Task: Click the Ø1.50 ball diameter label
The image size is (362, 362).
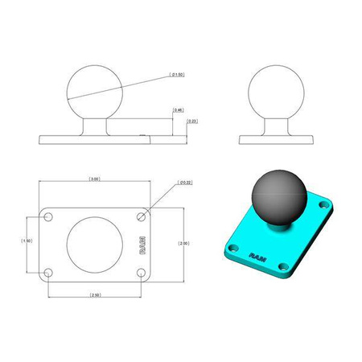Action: click(178, 75)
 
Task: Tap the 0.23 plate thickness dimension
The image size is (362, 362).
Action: click(191, 121)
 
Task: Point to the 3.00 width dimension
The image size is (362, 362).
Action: click(95, 179)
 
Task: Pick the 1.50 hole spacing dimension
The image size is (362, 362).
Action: click(27, 241)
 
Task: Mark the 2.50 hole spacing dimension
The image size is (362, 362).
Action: click(95, 295)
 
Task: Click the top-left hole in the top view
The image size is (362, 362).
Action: click(49, 217)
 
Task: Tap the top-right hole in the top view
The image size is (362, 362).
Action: click(142, 217)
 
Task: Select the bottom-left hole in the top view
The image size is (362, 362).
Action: click(49, 273)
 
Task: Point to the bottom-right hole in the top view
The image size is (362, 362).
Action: click(142, 273)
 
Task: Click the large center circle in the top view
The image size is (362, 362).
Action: click(95, 245)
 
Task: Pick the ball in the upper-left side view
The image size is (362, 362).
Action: click(95, 92)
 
